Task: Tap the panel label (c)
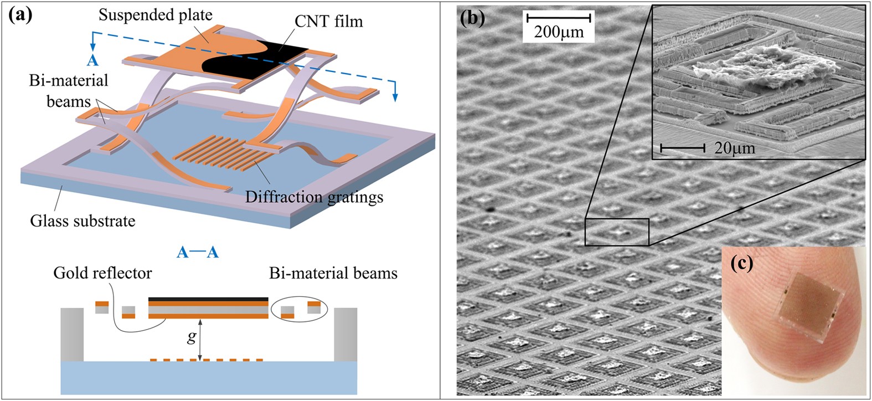tap(742, 264)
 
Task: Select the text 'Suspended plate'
tap(156, 15)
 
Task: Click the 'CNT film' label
tap(329, 22)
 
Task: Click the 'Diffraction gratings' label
tap(314, 197)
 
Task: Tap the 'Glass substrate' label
tap(82, 221)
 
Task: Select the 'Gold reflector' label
tap(102, 273)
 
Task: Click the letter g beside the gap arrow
tap(192, 337)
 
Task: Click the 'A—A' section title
tap(198, 253)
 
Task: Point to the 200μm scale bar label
tap(559, 32)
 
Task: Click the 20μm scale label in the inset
tap(735, 148)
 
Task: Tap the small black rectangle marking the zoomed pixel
tap(617, 232)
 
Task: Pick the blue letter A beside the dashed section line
tap(92, 60)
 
